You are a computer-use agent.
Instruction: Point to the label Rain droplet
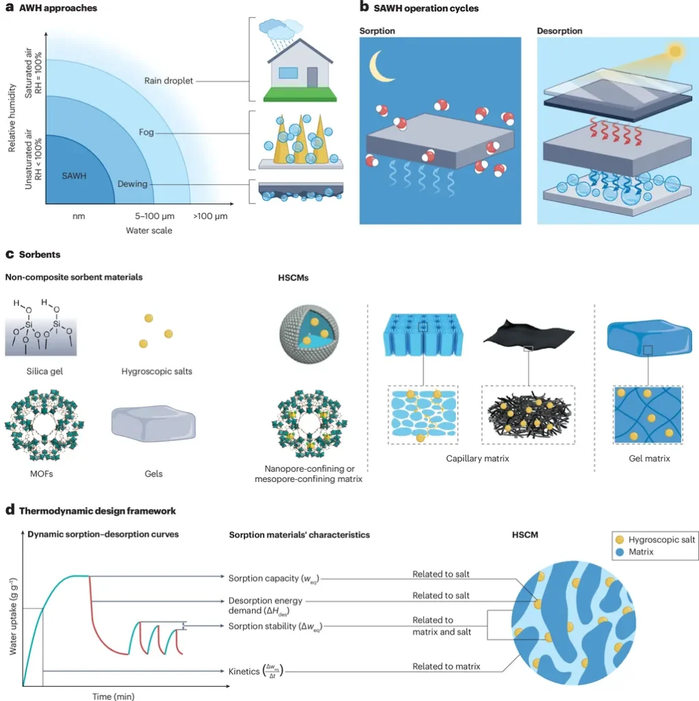[168, 81]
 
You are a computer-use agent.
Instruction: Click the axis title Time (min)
[114, 696]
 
